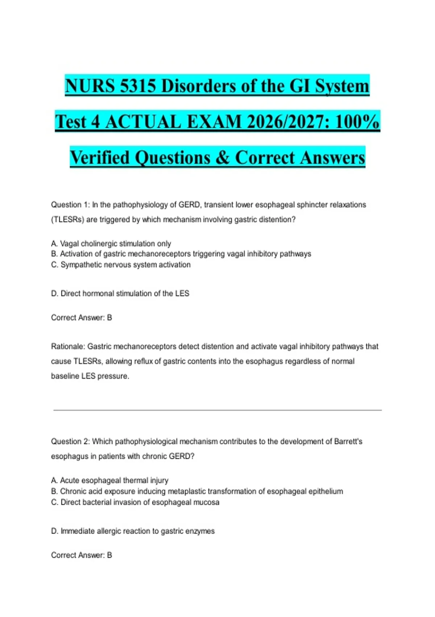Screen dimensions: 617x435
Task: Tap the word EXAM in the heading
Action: [214, 122]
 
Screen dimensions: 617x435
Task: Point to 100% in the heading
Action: [357, 122]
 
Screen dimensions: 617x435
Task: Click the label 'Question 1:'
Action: [70, 205]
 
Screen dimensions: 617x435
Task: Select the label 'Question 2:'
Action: [70, 441]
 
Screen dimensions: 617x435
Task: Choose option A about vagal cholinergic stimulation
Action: [111, 244]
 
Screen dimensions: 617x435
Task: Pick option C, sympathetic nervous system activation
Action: [121, 265]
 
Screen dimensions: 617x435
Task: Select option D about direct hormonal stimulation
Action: [120, 293]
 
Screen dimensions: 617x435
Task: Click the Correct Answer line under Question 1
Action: [82, 318]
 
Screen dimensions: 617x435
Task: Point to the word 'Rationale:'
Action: [68, 347]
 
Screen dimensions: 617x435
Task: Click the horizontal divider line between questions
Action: [217, 410]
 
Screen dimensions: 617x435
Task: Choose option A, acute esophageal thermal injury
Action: [109, 480]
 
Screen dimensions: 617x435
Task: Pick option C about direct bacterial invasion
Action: [135, 502]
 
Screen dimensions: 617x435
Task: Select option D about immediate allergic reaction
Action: [133, 531]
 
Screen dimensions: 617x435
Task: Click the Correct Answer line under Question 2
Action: [82, 555]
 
